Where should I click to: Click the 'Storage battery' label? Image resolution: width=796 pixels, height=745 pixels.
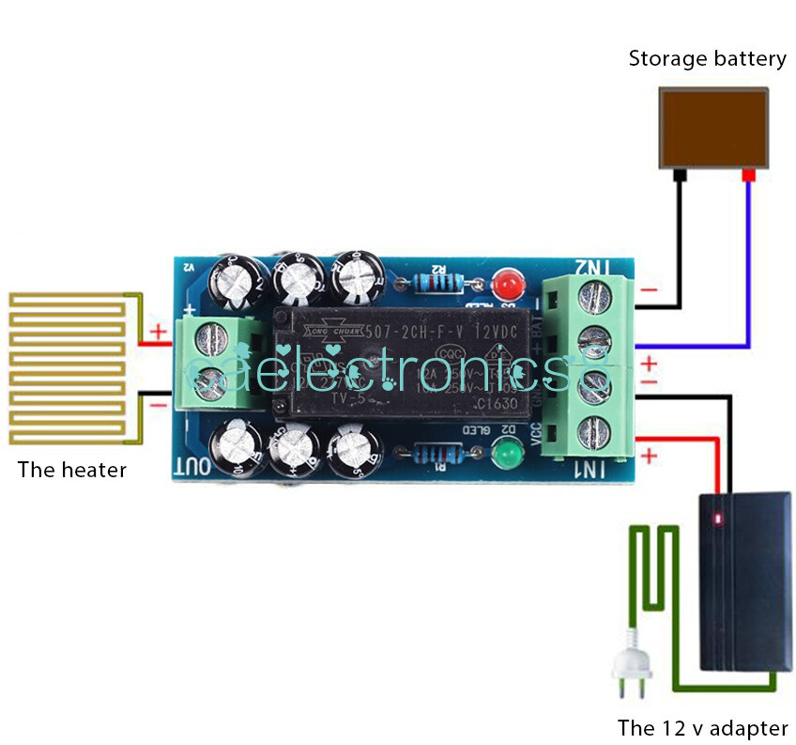(x=707, y=59)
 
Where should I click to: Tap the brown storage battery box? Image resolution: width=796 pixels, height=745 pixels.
(x=713, y=127)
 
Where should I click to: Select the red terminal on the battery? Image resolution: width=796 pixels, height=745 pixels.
(x=748, y=176)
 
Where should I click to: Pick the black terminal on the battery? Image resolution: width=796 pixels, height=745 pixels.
(x=680, y=175)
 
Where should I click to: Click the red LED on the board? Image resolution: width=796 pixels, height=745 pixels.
(x=508, y=282)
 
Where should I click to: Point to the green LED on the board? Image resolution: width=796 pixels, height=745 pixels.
(x=508, y=457)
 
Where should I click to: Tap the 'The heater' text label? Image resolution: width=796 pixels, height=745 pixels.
(x=71, y=470)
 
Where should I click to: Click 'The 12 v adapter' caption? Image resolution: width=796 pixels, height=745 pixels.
(x=702, y=727)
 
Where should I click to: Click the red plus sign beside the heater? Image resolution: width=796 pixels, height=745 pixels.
(x=158, y=331)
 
